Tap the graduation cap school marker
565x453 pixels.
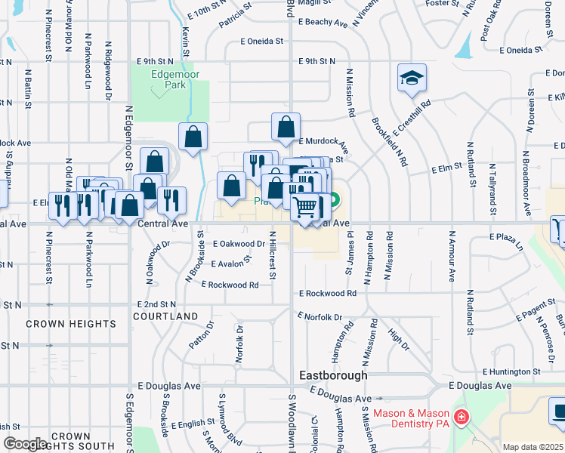[412, 78]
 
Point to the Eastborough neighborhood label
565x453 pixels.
[333, 375]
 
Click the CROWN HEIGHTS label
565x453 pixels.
[71, 324]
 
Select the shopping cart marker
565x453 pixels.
[306, 205]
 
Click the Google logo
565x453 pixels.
[25, 444]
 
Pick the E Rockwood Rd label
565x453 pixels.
[327, 293]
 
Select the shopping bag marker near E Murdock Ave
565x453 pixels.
[286, 128]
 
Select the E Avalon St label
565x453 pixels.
[230, 263]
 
